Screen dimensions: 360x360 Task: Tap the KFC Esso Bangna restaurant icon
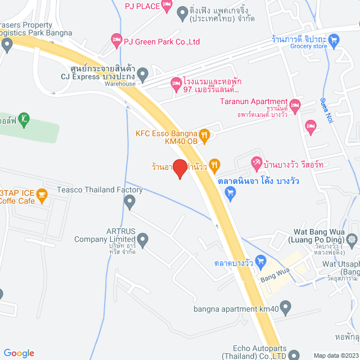coord(205,134)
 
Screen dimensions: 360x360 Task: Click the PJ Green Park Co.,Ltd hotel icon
coord(116,39)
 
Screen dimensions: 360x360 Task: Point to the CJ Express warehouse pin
coord(143,73)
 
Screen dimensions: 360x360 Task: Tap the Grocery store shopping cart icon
coord(334,39)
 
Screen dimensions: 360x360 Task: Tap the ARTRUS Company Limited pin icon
coord(143,241)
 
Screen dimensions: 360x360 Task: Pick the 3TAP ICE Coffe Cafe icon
coord(41,196)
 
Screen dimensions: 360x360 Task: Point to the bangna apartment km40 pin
coord(286,308)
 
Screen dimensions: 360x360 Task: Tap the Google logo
coord(19,353)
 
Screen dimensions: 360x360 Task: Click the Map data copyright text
coord(335,355)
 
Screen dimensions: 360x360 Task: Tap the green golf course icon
coord(24,119)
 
